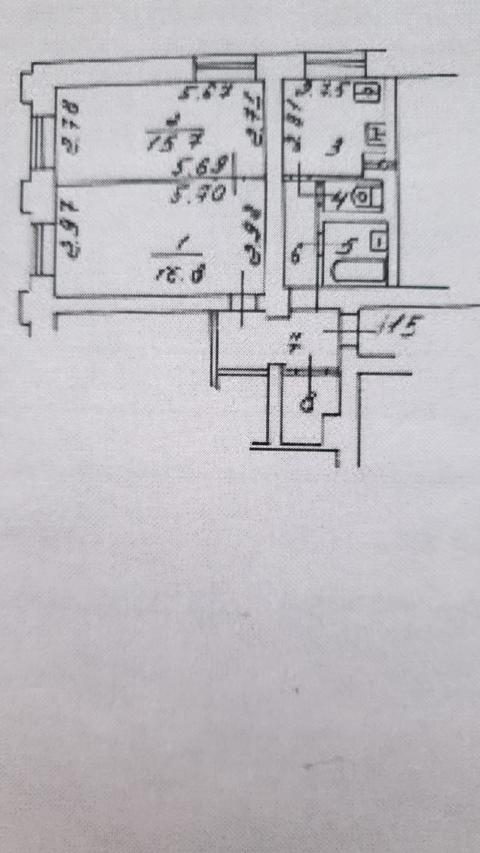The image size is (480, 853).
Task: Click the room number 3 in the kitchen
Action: tap(327, 149)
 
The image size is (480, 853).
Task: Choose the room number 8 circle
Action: tap(307, 403)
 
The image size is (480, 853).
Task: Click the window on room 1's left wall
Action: tap(42, 250)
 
